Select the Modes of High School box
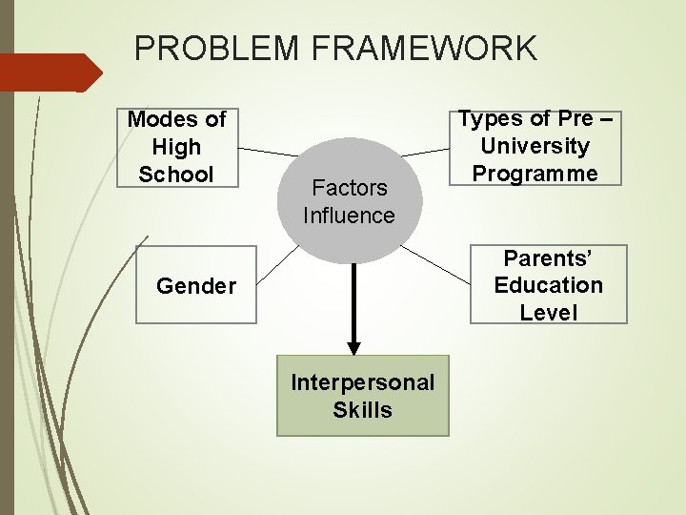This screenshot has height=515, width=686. pyautogui.click(x=177, y=147)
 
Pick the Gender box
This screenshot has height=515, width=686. pyautogui.click(x=196, y=285)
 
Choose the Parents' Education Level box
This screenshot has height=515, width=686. pyautogui.click(x=549, y=285)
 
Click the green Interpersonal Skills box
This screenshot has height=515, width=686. pyautogui.click(x=362, y=396)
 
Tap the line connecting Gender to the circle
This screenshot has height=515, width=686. pyautogui.click(x=275, y=267)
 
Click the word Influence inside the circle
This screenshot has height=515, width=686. pyautogui.click(x=349, y=216)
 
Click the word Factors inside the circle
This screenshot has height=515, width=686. pyautogui.click(x=349, y=188)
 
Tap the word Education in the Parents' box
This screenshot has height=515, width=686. pyautogui.click(x=549, y=285)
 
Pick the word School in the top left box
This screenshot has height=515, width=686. pyautogui.click(x=177, y=175)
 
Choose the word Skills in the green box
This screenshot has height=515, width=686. pyautogui.click(x=362, y=410)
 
